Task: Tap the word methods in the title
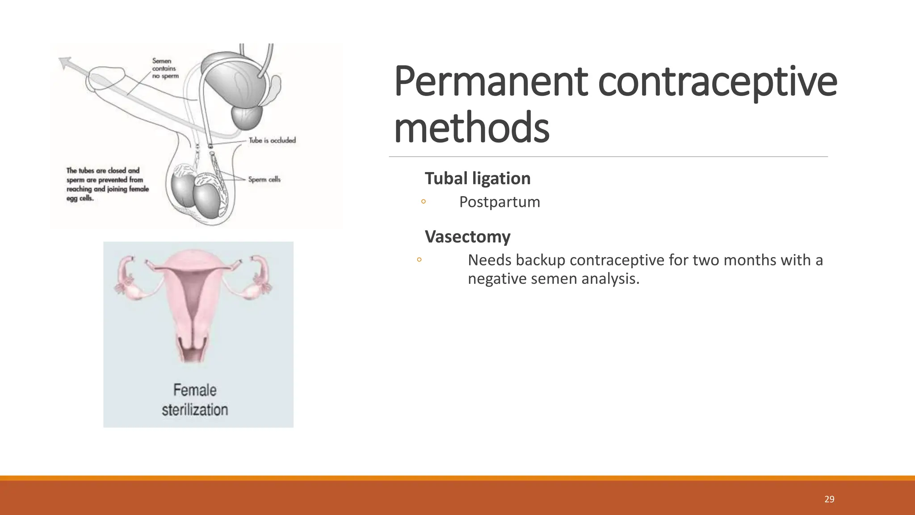pyautogui.click(x=471, y=128)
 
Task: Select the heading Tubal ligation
pyautogui.click(x=477, y=178)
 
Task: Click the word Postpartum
pyautogui.click(x=499, y=202)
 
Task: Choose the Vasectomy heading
pyautogui.click(x=467, y=236)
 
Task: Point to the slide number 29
pyautogui.click(x=829, y=499)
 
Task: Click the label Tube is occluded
pyautogui.click(x=272, y=140)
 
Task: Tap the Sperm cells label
pyautogui.click(x=264, y=180)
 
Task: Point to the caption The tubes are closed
pyautogui.click(x=107, y=184)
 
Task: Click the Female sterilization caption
pyautogui.click(x=195, y=400)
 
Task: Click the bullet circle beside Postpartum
pyautogui.click(x=423, y=202)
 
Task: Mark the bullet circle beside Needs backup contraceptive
pyautogui.click(x=419, y=259)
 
